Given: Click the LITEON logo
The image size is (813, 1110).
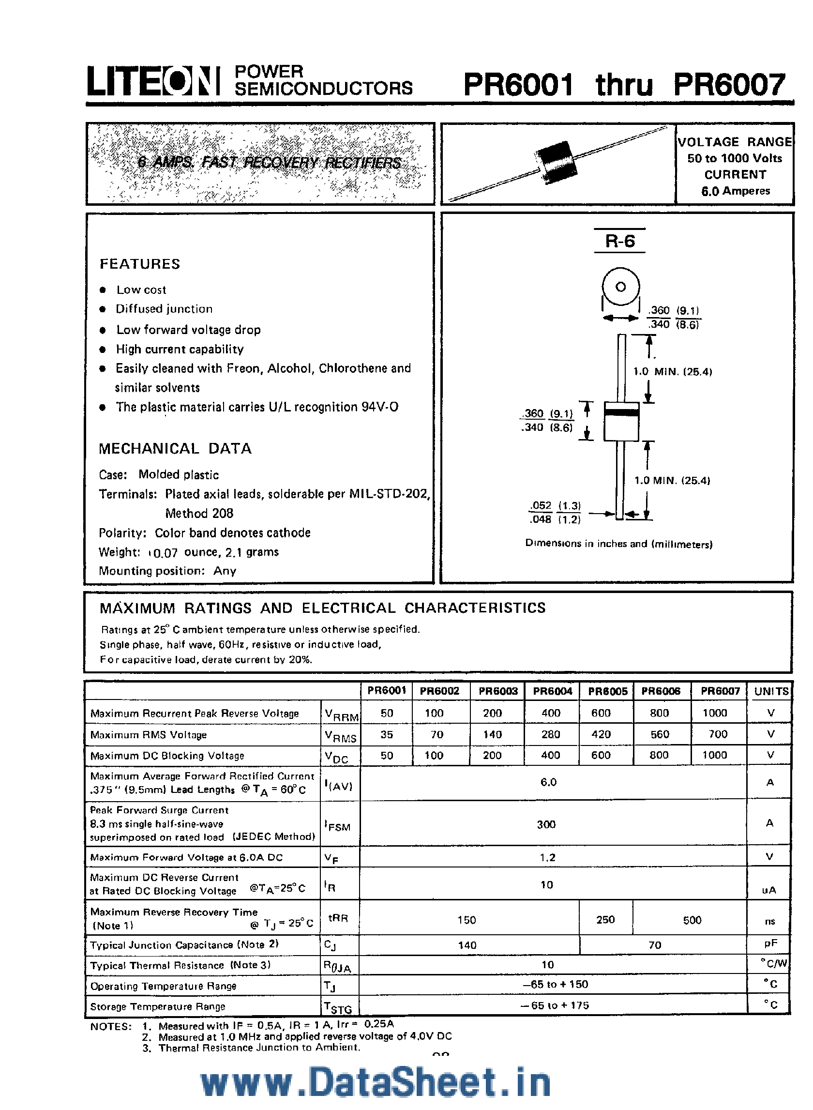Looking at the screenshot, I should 153,81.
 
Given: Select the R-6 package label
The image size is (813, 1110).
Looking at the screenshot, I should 619,241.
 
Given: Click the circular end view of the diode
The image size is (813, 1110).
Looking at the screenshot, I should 620,287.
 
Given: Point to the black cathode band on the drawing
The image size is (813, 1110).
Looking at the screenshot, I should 621,412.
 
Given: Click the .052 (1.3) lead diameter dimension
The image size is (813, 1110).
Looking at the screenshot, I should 555,505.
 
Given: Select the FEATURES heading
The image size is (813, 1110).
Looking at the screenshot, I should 140,264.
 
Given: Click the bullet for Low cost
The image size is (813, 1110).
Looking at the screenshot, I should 103,290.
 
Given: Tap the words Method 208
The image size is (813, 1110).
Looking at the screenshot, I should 199,514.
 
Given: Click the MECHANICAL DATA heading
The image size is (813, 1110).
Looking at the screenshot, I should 175,448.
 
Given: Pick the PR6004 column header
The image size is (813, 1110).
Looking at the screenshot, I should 552,691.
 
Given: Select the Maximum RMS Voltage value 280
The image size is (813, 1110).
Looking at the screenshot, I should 550,734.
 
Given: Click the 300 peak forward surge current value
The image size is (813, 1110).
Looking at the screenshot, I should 546,824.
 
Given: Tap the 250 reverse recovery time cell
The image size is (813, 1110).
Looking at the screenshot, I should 605,919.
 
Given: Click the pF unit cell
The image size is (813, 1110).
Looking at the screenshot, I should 770,943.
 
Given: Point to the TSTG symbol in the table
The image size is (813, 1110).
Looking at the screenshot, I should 338,1007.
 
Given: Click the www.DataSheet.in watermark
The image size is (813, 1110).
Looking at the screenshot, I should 376,1081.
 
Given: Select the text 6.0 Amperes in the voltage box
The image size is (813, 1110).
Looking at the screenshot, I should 735,191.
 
